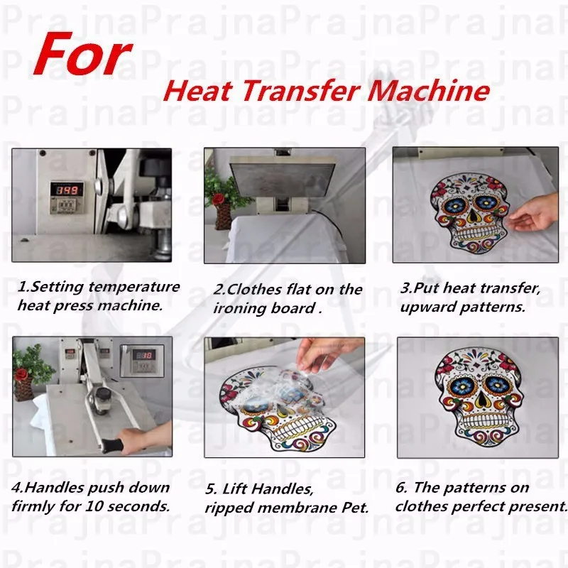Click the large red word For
83,55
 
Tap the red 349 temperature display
67,190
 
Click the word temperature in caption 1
134,287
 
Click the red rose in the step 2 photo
219,199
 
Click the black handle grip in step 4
113,446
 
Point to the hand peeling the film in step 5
326,357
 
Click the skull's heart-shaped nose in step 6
481,399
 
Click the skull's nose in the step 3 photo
472,217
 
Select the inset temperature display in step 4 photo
142,361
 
